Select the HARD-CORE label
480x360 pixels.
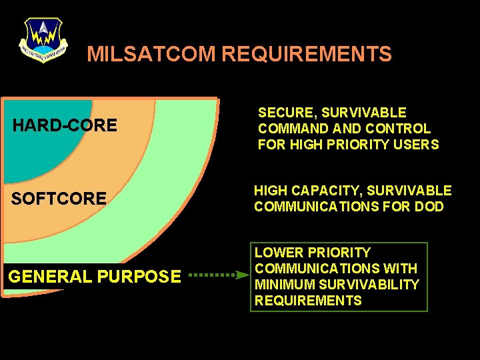point(65,125)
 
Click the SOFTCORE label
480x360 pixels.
point(59,198)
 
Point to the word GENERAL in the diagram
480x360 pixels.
point(50,276)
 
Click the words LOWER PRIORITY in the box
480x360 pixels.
point(312,253)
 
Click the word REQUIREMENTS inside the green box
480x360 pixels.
point(307,301)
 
